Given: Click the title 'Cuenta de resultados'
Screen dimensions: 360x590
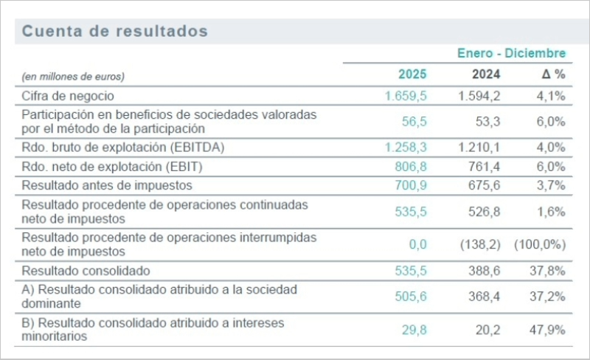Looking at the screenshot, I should tap(115, 32).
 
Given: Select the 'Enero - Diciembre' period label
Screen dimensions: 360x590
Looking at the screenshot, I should tap(511, 54).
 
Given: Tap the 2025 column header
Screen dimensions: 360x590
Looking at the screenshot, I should tap(412, 75).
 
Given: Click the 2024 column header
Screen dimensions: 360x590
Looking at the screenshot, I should tap(485, 75).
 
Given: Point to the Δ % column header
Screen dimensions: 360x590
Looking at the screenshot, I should tap(553, 75).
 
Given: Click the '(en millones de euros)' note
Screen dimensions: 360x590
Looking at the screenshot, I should tap(73, 76).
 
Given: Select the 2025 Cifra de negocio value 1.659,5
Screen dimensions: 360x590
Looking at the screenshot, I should tap(406, 96).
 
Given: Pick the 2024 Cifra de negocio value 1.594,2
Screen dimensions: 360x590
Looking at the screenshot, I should tap(479, 96).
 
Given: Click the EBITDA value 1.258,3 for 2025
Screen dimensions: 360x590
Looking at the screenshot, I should tap(406, 148).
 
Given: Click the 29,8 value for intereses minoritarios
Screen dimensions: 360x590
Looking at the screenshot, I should tap(414, 330).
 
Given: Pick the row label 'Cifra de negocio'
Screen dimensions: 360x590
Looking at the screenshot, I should tap(68, 96).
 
